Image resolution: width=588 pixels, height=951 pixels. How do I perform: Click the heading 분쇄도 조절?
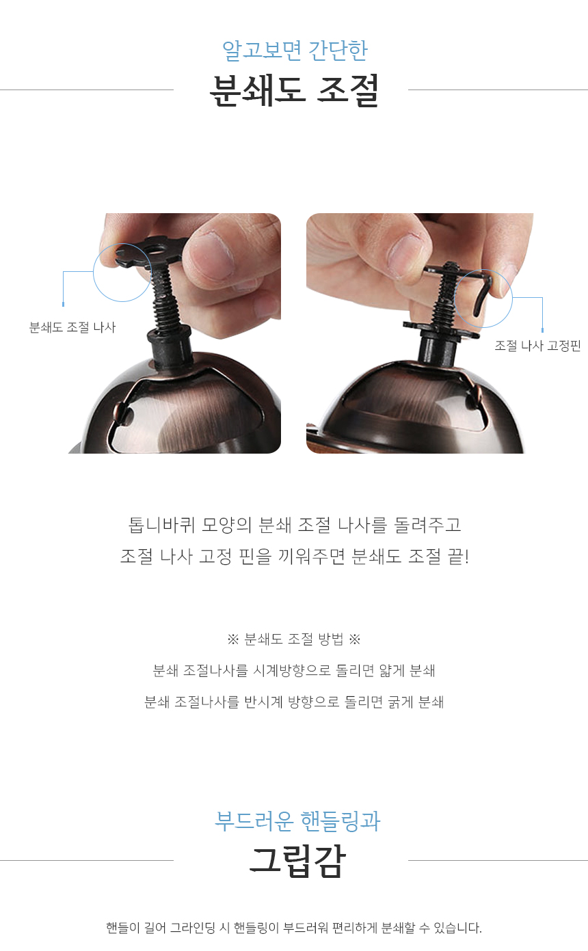point(294,90)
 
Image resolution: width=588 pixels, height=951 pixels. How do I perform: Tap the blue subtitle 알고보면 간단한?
point(295,51)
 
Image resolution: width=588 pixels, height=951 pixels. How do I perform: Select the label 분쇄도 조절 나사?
point(72,327)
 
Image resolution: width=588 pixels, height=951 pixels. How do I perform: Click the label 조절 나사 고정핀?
point(537,346)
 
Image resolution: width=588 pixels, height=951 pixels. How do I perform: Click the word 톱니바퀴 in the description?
point(161,525)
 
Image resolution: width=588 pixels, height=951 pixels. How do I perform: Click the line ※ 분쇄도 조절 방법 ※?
point(294,639)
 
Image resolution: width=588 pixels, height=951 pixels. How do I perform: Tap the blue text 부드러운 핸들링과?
point(297,821)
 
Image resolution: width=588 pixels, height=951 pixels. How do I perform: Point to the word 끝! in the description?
point(458,556)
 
